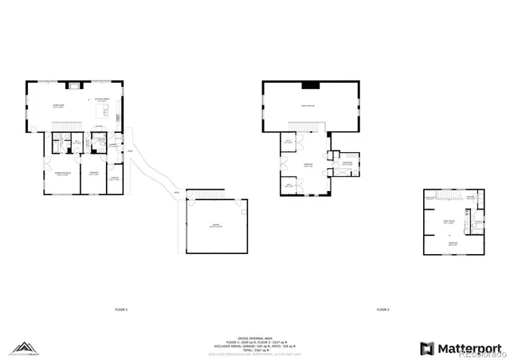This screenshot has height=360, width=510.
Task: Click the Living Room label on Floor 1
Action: click(x=58, y=105)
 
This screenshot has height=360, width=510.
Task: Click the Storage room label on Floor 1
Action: click(x=115, y=178)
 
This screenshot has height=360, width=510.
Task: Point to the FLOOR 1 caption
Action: click(x=121, y=309)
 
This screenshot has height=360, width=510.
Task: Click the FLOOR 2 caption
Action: click(x=382, y=309)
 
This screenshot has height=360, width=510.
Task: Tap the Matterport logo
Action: click(x=461, y=347)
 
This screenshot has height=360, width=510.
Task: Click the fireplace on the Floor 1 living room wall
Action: click(x=76, y=84)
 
